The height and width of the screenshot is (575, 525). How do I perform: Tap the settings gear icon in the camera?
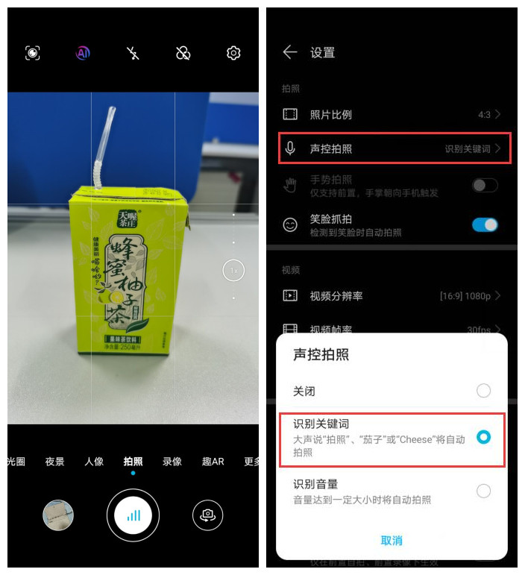click(x=233, y=53)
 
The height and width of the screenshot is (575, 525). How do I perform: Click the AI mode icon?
click(x=83, y=53)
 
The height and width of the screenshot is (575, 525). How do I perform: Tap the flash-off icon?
click(x=133, y=53)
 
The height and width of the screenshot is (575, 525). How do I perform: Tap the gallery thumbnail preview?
click(x=57, y=515)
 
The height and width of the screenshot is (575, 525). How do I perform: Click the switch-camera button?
click(x=207, y=515)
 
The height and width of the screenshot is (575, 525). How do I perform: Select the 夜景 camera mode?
click(x=54, y=462)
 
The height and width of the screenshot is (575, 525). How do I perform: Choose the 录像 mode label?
click(x=172, y=462)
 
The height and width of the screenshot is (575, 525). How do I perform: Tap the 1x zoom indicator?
click(x=233, y=271)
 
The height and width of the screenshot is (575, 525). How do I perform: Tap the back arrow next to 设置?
click(x=290, y=52)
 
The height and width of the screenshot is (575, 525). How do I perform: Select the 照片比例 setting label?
click(x=330, y=115)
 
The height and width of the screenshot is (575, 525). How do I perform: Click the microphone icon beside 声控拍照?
click(x=290, y=149)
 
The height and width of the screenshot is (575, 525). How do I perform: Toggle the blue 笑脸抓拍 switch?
click(x=485, y=224)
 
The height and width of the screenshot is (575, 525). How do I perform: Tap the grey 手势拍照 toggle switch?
click(x=485, y=185)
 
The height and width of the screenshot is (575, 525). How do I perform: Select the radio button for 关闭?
click(x=483, y=391)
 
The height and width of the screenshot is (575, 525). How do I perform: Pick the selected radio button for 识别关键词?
click(x=483, y=438)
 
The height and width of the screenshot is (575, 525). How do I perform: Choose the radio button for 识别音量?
click(x=483, y=491)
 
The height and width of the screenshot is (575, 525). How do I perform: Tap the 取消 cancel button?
click(x=392, y=541)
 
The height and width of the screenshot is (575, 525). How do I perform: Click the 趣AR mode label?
click(x=213, y=462)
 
